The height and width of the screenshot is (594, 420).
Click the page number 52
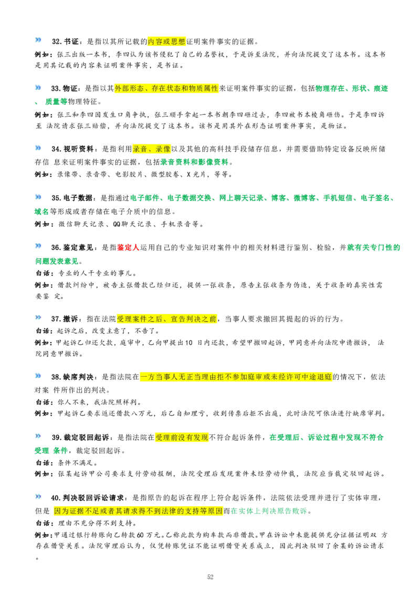pos(211,577)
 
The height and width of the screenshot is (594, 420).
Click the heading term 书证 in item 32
pos(71,41)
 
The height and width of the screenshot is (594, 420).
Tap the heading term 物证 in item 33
pos(70,89)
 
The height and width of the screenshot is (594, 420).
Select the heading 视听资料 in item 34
pos(78,149)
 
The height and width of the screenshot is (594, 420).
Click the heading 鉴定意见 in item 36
pos(78,247)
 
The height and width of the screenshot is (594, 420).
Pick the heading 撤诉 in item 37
pos(70,319)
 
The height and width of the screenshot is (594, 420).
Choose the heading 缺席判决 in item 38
pos(78,377)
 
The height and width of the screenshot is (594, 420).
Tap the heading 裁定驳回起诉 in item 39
pos(86,438)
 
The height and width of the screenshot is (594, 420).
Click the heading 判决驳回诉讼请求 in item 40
pos(93,498)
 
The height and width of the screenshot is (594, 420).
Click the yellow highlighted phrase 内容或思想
pos(167,41)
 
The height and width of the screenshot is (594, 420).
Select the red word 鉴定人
pos(129,247)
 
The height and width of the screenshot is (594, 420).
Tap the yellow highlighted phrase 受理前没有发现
pos(182,438)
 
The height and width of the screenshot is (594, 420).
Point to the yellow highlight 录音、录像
pos(152,149)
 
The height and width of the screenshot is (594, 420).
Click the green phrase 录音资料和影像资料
pos(194,162)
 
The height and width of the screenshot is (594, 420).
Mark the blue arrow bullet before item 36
pos(38,246)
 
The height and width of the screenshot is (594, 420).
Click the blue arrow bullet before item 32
pos(38,40)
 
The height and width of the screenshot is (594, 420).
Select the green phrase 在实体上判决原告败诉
pos(269,511)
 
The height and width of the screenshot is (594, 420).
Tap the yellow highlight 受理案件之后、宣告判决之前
pos(167,319)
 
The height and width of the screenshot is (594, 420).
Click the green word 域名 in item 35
pos(42,211)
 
